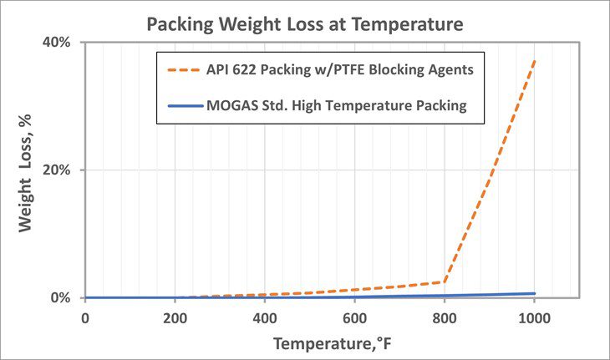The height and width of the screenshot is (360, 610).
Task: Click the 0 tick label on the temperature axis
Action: [84, 317]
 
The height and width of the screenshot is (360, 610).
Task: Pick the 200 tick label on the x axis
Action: [175, 317]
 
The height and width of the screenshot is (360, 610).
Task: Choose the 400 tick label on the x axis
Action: [264, 317]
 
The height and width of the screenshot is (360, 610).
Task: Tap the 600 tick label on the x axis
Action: [354, 317]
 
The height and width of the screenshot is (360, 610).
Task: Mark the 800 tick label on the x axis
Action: [445, 317]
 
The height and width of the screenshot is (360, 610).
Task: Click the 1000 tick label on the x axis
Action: [534, 317]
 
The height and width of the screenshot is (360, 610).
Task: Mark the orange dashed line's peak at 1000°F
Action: [534, 60]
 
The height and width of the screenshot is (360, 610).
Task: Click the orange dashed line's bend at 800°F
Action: [445, 281]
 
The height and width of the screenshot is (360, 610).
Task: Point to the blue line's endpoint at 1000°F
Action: [534, 293]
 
